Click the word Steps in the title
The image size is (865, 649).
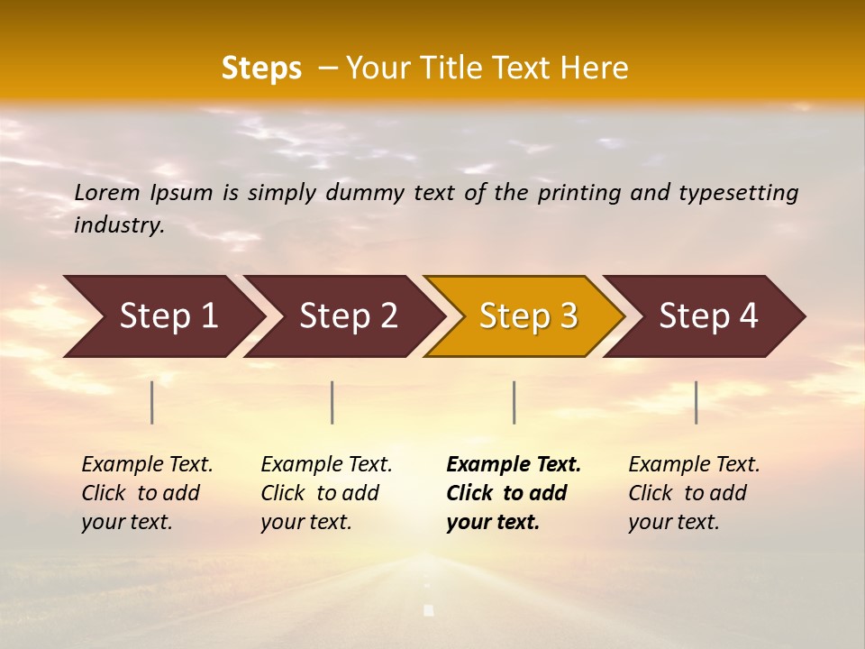pos(261,69)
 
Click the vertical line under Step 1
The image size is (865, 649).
pos(152,402)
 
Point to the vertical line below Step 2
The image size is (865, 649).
pos(332,402)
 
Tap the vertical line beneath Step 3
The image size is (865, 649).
pos(514,402)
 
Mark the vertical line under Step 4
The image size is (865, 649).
pos(696,402)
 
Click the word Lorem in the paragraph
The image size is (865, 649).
pos(107,193)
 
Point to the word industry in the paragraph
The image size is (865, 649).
pos(118,225)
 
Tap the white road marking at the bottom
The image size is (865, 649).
pos(429,610)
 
